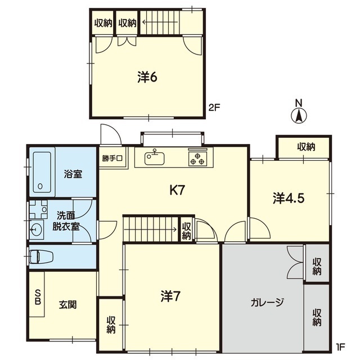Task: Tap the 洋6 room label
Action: pyautogui.click(x=147, y=77)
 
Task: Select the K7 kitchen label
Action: pyautogui.click(x=177, y=190)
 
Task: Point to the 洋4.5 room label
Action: pyautogui.click(x=289, y=198)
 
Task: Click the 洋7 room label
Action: pyautogui.click(x=170, y=296)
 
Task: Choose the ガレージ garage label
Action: pyautogui.click(x=267, y=302)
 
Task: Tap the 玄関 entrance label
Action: pyautogui.click(x=67, y=305)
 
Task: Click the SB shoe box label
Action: pyautogui.click(x=38, y=297)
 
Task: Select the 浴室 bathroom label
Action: pyautogui.click(x=73, y=174)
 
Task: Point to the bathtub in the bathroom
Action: pyautogui.click(x=42, y=172)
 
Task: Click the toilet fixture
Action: pyautogui.click(x=42, y=256)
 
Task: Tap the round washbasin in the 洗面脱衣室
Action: pyautogui.click(x=36, y=229)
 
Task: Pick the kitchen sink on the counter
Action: pyautogui.click(x=154, y=158)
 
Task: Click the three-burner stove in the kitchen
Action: pyautogui.click(x=197, y=158)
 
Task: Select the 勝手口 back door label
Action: pyautogui.click(x=112, y=158)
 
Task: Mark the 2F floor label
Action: pyautogui.click(x=214, y=107)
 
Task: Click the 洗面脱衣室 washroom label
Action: pyautogui.click(x=66, y=221)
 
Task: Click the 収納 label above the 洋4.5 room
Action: pyautogui.click(x=306, y=147)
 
